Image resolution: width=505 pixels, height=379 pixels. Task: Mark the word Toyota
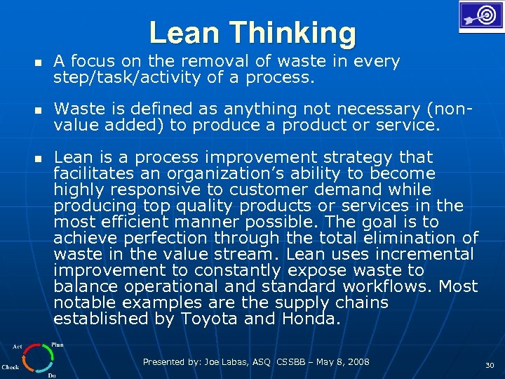click(x=209, y=319)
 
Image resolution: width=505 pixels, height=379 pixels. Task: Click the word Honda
click(x=311, y=319)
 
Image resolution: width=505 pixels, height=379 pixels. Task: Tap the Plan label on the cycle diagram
click(x=58, y=345)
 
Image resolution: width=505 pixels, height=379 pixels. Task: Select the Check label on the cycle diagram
click(x=10, y=366)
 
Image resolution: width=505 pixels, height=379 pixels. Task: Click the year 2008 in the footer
click(x=357, y=362)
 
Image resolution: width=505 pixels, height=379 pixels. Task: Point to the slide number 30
click(x=488, y=366)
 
